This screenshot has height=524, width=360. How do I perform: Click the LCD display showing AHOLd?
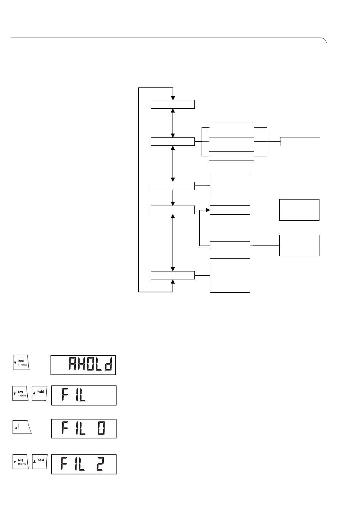[x=83, y=365]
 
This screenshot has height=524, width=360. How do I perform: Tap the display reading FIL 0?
[x=84, y=428]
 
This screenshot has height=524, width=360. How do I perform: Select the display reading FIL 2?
[x=84, y=464]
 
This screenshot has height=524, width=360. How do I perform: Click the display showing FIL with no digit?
[x=84, y=395]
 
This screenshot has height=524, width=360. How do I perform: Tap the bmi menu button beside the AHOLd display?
[x=21, y=362]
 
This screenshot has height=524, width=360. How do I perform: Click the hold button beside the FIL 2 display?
[x=39, y=462]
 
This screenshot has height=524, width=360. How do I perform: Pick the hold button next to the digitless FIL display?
[x=39, y=393]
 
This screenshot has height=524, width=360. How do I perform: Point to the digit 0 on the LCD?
[x=101, y=428]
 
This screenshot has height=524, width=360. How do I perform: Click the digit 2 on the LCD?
[x=100, y=464]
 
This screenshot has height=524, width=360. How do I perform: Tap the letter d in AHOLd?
[x=108, y=364]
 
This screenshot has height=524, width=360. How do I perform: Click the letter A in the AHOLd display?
[x=73, y=364]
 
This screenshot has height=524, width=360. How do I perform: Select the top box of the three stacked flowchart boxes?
[x=231, y=127]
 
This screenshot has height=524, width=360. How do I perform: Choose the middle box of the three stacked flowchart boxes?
[x=231, y=142]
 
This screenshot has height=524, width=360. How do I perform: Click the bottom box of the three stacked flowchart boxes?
[x=231, y=156]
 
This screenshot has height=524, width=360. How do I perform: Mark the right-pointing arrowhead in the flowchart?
[x=208, y=210]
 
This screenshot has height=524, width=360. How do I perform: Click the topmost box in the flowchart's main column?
[x=173, y=104]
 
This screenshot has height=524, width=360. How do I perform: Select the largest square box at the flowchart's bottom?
[x=230, y=275]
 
